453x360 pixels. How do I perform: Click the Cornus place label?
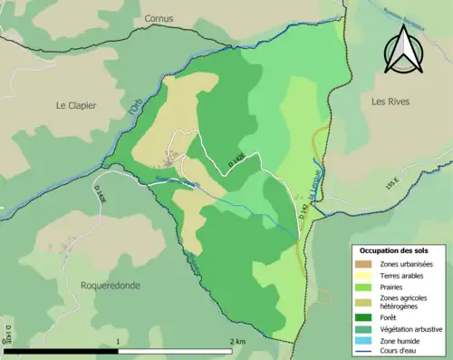click(159, 18)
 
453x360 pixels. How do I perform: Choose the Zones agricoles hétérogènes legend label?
click(405, 302)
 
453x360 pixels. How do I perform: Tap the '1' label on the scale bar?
click(119, 342)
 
